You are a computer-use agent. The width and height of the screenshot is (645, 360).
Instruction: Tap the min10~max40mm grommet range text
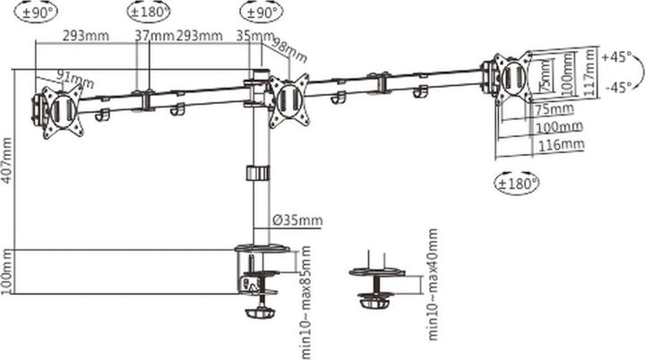(x=434, y=284)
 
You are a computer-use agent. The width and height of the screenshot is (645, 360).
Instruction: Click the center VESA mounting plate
(x=289, y=99)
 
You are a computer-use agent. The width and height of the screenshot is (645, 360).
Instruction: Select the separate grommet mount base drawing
(x=378, y=284)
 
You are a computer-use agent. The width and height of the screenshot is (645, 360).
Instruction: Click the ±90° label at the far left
(x=35, y=12)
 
